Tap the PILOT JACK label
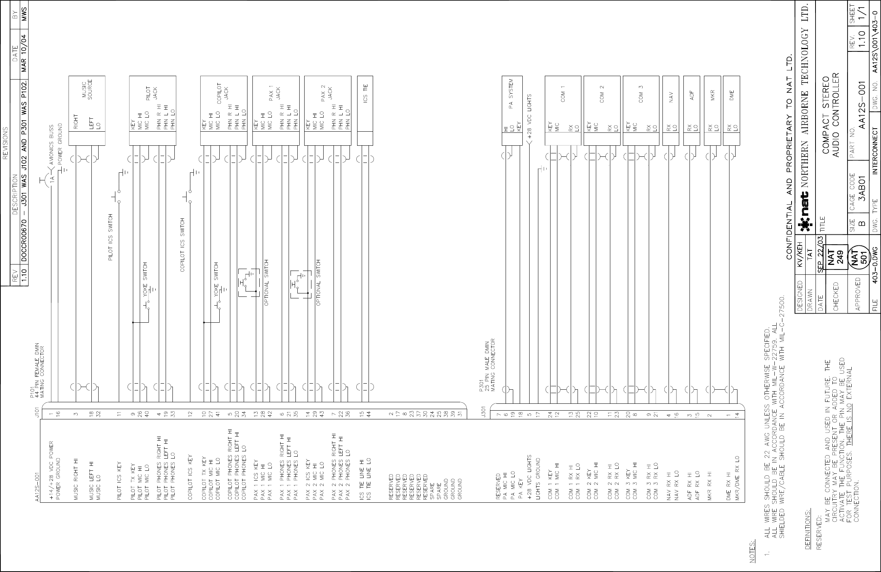pos(152,94)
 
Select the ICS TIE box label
pos(365,93)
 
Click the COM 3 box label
pos(641,93)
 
